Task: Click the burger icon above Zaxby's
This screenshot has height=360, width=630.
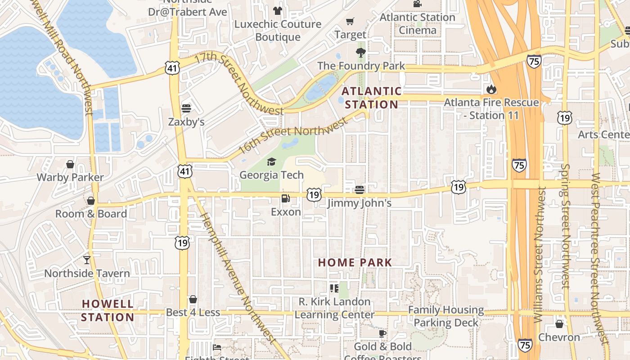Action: click(x=186, y=108)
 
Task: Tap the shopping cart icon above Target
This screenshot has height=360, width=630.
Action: click(x=350, y=21)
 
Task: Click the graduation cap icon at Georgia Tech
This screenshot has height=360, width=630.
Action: click(x=271, y=162)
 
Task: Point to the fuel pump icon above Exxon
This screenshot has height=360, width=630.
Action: click(x=285, y=198)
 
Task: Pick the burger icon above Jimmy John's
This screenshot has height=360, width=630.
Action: click(x=359, y=190)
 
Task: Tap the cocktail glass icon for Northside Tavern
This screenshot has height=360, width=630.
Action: click(x=86, y=260)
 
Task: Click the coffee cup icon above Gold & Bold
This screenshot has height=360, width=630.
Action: click(x=382, y=333)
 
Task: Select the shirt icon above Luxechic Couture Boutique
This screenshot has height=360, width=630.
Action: click(x=277, y=10)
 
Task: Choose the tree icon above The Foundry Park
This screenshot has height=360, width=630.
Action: click(x=360, y=53)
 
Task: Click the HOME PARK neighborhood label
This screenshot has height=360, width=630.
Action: click(x=355, y=262)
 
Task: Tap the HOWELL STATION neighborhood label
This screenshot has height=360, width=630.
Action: click(x=108, y=310)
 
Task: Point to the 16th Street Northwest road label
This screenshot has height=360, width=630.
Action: click(x=293, y=135)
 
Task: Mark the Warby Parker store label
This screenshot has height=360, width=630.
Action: click(x=70, y=177)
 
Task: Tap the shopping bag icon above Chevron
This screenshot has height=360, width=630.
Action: click(x=559, y=324)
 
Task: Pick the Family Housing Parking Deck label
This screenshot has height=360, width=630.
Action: click(x=446, y=316)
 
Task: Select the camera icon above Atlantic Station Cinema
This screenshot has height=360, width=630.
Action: click(x=417, y=4)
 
